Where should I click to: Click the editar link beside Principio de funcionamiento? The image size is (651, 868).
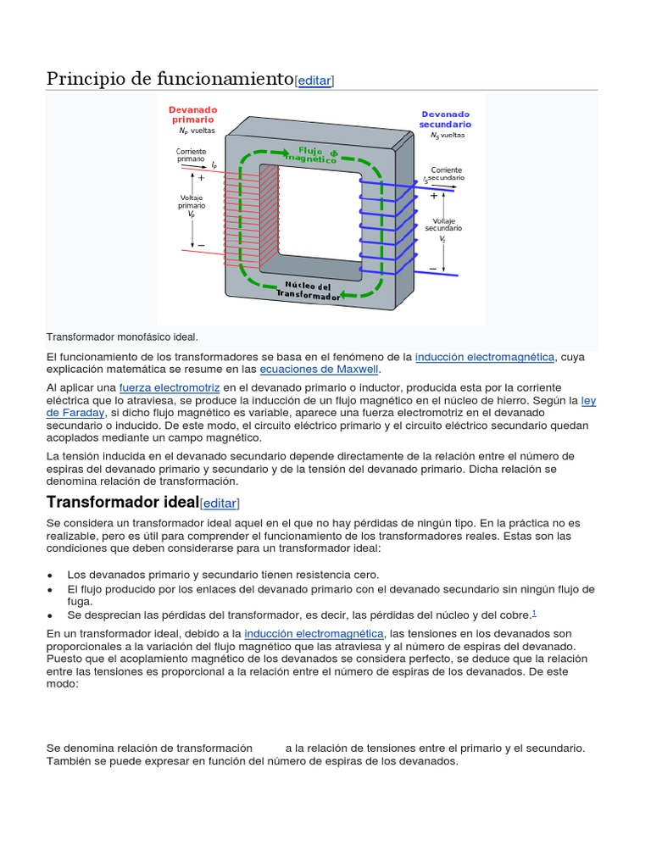(314, 81)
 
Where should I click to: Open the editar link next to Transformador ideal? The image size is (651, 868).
(219, 503)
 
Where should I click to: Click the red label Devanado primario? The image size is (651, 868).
(192, 114)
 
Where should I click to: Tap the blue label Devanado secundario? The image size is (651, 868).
(445, 119)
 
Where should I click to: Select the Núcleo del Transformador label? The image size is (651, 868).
(308, 291)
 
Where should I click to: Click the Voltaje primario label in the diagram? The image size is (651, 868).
(191, 205)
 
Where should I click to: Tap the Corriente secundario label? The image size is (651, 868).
(445, 175)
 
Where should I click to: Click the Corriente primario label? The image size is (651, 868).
(191, 155)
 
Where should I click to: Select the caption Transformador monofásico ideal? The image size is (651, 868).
(122, 337)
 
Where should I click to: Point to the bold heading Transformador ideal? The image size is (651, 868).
(122, 501)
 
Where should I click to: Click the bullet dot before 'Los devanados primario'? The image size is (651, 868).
(51, 575)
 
